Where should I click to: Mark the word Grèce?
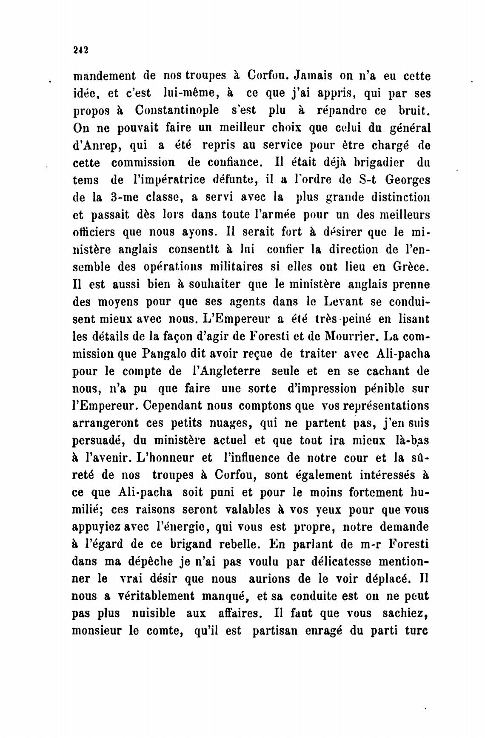[408, 267]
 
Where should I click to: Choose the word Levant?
[343, 302]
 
